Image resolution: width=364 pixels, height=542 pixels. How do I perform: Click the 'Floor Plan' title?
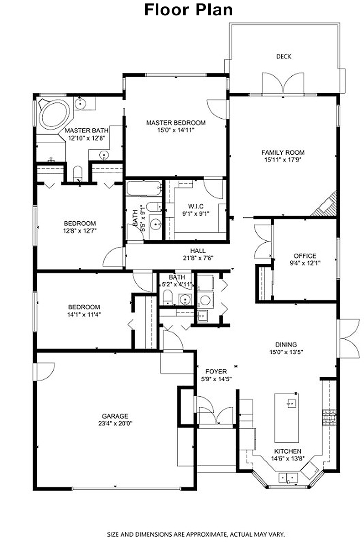[x=188, y=10]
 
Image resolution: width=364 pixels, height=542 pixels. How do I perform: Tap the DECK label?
[x=284, y=57]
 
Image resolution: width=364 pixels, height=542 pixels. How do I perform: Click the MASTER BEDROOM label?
[x=176, y=123]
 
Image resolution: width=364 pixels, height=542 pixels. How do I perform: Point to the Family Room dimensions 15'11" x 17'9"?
[x=283, y=160]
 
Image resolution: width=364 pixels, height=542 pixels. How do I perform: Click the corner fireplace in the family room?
[x=326, y=205]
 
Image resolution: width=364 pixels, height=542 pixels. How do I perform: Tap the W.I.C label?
[x=196, y=206]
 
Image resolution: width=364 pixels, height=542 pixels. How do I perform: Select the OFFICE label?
[x=305, y=256]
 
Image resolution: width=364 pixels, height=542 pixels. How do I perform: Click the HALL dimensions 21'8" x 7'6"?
[x=198, y=258]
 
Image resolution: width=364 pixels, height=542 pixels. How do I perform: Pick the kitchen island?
[x=286, y=418]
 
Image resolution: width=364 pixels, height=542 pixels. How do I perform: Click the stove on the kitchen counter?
[x=329, y=417]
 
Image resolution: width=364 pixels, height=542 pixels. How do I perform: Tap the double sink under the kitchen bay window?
[x=288, y=478]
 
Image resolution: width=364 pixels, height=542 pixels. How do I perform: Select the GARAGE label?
[x=115, y=416]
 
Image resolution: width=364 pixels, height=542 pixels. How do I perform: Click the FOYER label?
[x=216, y=372]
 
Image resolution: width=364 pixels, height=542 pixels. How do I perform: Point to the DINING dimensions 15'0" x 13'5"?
[x=286, y=352]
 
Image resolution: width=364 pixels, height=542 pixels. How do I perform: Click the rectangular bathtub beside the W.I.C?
[x=144, y=188]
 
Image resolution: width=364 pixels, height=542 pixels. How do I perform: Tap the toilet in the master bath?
[x=78, y=174]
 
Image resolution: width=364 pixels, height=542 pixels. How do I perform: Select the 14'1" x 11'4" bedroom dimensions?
[x=84, y=315]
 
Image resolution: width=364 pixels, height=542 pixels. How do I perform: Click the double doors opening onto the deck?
[x=283, y=83]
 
